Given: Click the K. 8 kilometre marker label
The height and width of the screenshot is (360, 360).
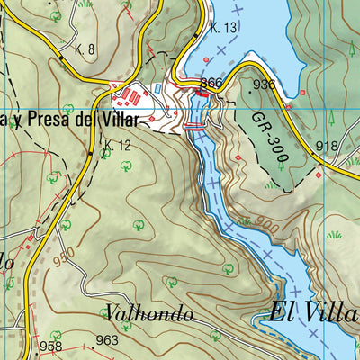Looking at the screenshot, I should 86,49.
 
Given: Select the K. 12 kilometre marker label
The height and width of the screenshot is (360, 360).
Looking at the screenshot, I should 117,145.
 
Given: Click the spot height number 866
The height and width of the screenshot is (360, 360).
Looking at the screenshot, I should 211,84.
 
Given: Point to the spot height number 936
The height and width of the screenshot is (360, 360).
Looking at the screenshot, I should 264,85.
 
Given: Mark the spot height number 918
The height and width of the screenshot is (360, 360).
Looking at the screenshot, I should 328,146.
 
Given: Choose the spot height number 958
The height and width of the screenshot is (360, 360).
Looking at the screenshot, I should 50,346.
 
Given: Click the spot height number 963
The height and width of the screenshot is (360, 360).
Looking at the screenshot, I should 107,339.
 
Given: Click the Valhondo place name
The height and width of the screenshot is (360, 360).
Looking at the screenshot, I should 148,313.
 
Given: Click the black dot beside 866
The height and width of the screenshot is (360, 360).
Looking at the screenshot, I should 200,91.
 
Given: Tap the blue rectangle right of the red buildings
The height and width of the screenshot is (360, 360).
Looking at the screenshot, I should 158,88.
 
